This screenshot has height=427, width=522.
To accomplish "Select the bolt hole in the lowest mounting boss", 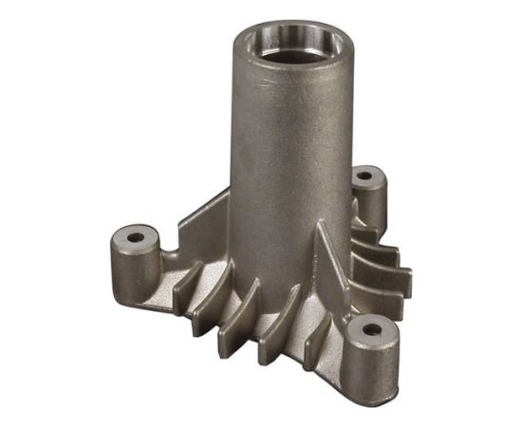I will [371, 331].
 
